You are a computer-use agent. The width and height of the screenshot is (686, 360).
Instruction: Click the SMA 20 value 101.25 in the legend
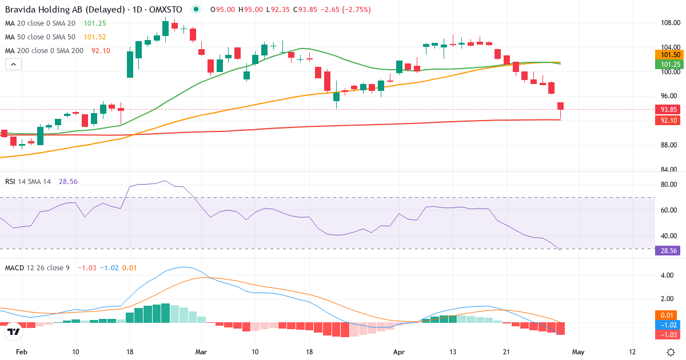pos(95,23)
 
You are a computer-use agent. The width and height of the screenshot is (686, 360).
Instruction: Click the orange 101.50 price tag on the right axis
pos(669,54)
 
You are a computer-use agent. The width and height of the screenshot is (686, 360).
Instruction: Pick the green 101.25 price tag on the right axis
pos(669,64)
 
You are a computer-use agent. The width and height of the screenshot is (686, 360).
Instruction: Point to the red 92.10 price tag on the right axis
pos(669,120)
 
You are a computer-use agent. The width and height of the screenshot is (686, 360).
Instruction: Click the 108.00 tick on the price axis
pos(669,23)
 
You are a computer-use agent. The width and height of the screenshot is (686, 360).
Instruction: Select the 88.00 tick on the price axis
pos(669,145)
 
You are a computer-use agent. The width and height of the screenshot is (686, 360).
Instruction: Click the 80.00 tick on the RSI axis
pos(669,185)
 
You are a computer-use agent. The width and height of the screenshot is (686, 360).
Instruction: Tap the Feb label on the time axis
pos(21,352)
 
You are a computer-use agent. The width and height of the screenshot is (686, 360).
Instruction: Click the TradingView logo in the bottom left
pos(14,331)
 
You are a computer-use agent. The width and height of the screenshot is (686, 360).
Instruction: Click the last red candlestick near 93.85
pos(561,106)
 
